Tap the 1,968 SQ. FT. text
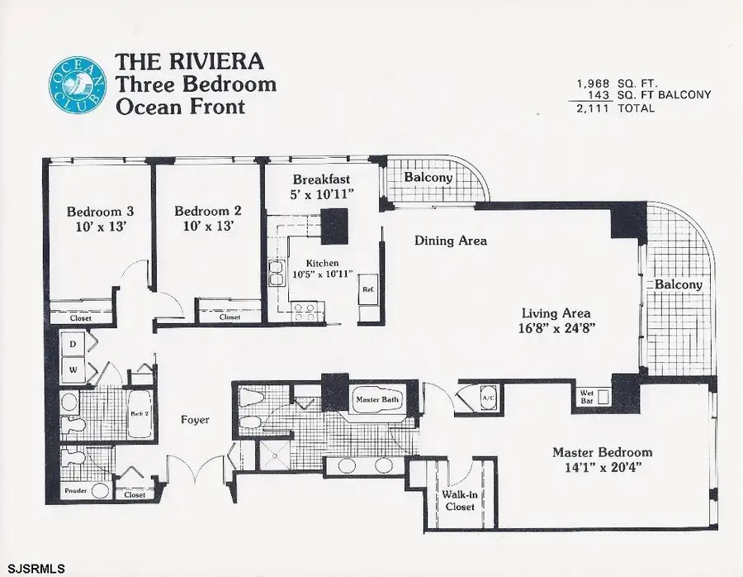[x=615, y=83]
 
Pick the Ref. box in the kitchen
[x=367, y=290]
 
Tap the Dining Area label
[x=450, y=241]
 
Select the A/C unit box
[x=487, y=397]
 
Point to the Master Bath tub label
[x=377, y=400]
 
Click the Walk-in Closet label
[x=459, y=500]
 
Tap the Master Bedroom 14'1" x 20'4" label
[x=602, y=460]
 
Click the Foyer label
[x=195, y=420]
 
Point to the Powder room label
[x=76, y=491]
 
